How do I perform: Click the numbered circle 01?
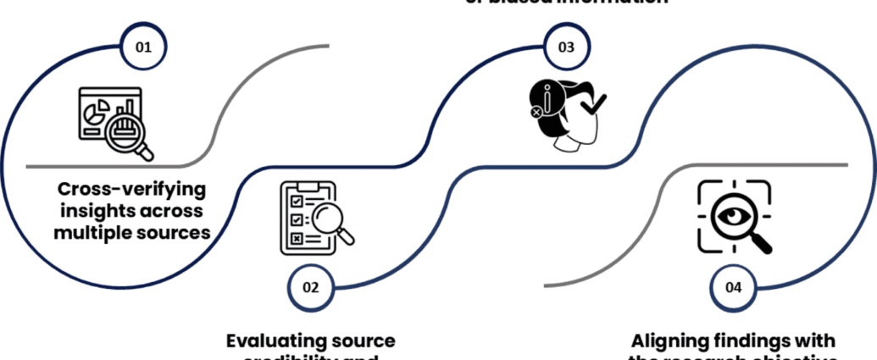(x=143, y=47)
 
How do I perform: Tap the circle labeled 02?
(x=311, y=286)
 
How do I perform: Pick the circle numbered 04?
(x=734, y=287)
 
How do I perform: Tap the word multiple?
(x=93, y=230)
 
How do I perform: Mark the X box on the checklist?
(x=297, y=238)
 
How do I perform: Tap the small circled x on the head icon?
(x=536, y=111)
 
